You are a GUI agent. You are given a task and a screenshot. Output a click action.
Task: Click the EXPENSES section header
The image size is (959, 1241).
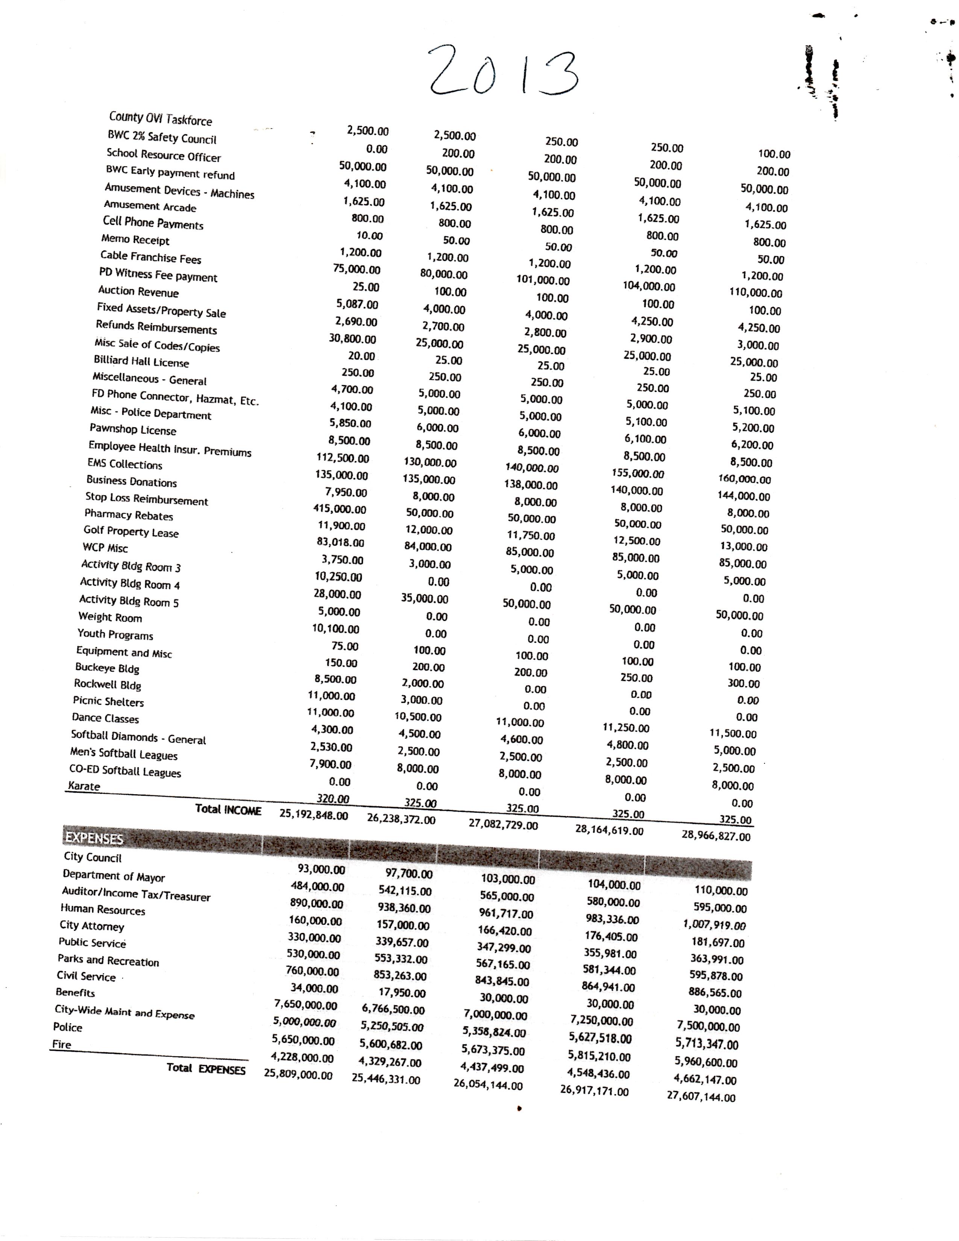(94, 838)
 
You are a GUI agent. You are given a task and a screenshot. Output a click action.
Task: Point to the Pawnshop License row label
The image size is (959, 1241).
(132, 429)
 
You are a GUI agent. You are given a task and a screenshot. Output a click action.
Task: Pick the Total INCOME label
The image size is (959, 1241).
(228, 810)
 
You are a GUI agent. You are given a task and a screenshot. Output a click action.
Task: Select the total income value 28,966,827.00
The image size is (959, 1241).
(716, 836)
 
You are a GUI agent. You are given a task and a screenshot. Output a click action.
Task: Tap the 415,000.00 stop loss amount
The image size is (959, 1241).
(340, 509)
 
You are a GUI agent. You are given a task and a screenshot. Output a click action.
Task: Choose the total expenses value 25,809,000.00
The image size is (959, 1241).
(298, 1075)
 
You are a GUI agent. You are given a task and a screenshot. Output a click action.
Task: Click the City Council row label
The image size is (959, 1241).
(93, 857)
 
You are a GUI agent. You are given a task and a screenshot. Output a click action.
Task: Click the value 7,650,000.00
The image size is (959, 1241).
(306, 1004)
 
